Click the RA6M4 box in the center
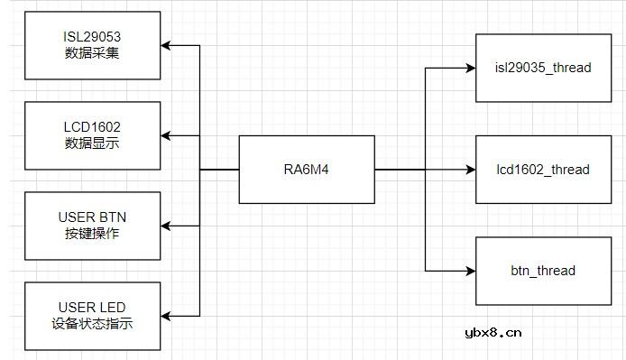(307, 169)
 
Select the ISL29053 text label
(93, 36)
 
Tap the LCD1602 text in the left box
(93, 127)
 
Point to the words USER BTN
(93, 217)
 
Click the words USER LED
(93, 307)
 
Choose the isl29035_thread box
(543, 68)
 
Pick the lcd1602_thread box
(543, 169)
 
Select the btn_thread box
(543, 270)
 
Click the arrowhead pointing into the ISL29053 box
(167, 45)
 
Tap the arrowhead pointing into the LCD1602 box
(167, 135)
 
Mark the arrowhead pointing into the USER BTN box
(167, 226)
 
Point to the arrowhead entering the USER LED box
(167, 315)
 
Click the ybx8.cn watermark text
(492, 333)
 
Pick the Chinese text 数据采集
(93, 52)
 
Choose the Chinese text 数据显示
(93, 143)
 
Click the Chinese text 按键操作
(93, 233)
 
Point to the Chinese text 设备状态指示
(93, 323)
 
